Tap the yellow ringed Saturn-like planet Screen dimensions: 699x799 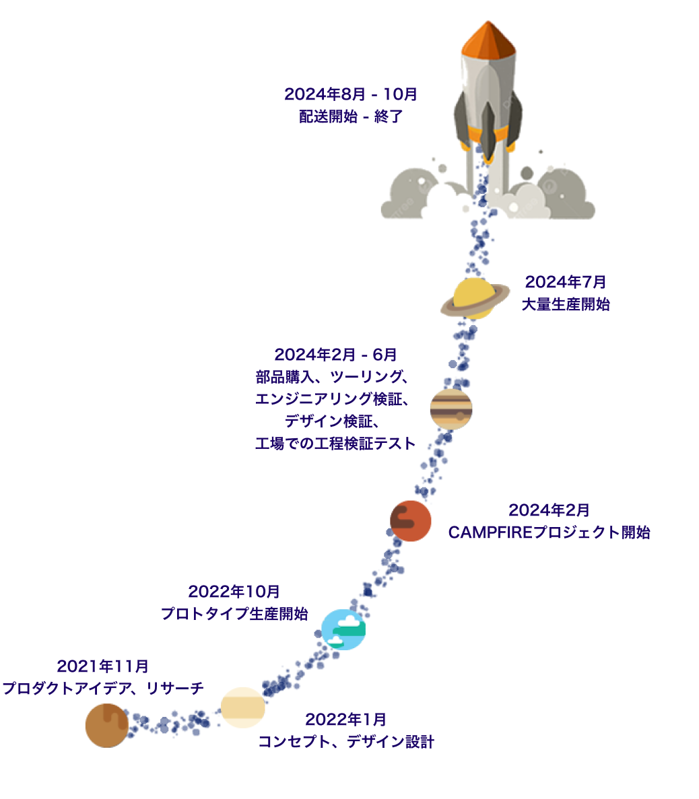click(x=475, y=299)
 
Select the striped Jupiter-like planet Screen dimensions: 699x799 click(x=451, y=409)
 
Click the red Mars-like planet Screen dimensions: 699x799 click(x=410, y=521)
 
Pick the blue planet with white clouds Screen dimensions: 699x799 click(x=343, y=629)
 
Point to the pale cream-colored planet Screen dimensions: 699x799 click(x=242, y=707)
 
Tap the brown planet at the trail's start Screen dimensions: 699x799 click(x=106, y=726)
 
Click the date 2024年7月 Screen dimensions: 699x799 click(x=566, y=282)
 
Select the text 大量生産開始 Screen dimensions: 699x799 click(x=566, y=304)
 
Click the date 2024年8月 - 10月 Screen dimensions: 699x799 click(x=351, y=94)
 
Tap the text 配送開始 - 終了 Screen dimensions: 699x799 click(x=351, y=116)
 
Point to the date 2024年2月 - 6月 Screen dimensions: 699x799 click(x=335, y=355)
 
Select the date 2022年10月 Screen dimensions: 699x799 click(x=234, y=592)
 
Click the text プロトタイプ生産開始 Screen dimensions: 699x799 click(x=234, y=614)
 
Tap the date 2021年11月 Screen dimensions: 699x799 click(x=102, y=666)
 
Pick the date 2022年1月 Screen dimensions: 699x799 click(x=345, y=720)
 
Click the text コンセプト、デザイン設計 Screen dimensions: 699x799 click(x=346, y=742)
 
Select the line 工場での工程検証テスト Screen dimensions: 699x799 click(x=335, y=444)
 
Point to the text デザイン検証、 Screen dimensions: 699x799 click(x=332, y=421)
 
